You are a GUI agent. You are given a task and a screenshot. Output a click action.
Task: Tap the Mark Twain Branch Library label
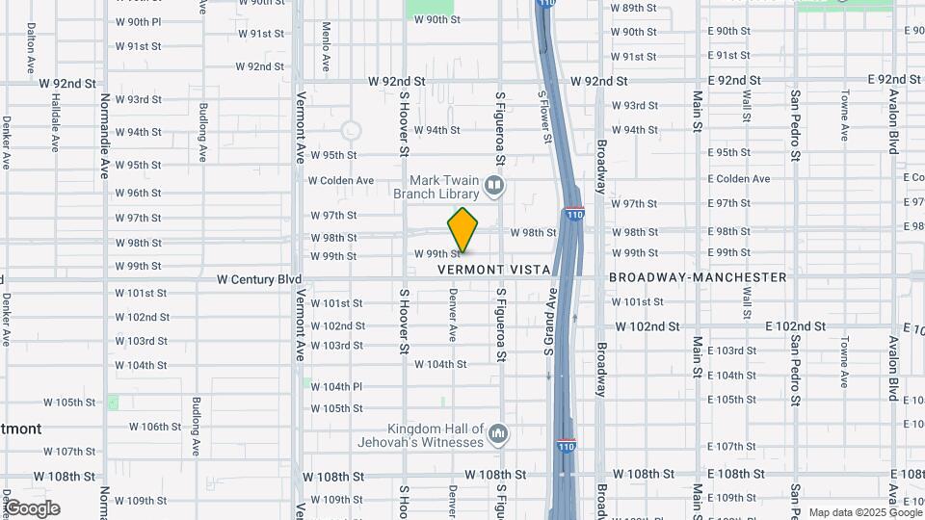[442, 186]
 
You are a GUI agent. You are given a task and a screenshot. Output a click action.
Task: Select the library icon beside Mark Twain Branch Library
[494, 184]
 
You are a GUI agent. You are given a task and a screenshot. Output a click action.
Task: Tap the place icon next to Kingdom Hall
[497, 433]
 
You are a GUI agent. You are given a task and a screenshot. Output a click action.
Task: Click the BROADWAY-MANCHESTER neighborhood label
[698, 277]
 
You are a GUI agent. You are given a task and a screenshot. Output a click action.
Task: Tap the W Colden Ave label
[341, 180]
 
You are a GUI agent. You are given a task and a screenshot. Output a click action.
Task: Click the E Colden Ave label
[739, 178]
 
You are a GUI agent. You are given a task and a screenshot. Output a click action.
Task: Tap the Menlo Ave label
[326, 48]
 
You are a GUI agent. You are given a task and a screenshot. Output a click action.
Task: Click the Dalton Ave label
[31, 43]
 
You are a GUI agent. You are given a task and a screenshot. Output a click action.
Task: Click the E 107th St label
[731, 447]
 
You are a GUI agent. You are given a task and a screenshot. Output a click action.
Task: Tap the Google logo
[32, 508]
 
